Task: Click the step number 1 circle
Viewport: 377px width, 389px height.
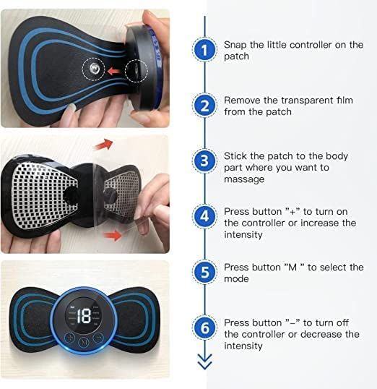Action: [x=204, y=50]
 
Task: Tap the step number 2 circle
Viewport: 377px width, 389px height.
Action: [x=204, y=106]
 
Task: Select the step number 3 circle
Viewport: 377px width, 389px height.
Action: [x=204, y=161]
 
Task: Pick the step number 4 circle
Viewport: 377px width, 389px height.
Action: [x=204, y=216]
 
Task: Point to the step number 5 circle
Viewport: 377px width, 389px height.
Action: [x=204, y=272]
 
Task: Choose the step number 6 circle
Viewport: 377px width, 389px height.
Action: [x=204, y=328]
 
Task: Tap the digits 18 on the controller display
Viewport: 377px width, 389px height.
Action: [x=84, y=315]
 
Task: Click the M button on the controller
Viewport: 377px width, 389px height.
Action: [x=84, y=342]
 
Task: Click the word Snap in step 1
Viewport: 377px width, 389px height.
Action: [x=235, y=45]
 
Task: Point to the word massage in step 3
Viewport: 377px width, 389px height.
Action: [x=243, y=179]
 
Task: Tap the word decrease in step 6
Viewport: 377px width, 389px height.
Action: [x=323, y=334]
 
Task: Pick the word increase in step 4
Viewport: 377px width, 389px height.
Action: [x=322, y=223]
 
